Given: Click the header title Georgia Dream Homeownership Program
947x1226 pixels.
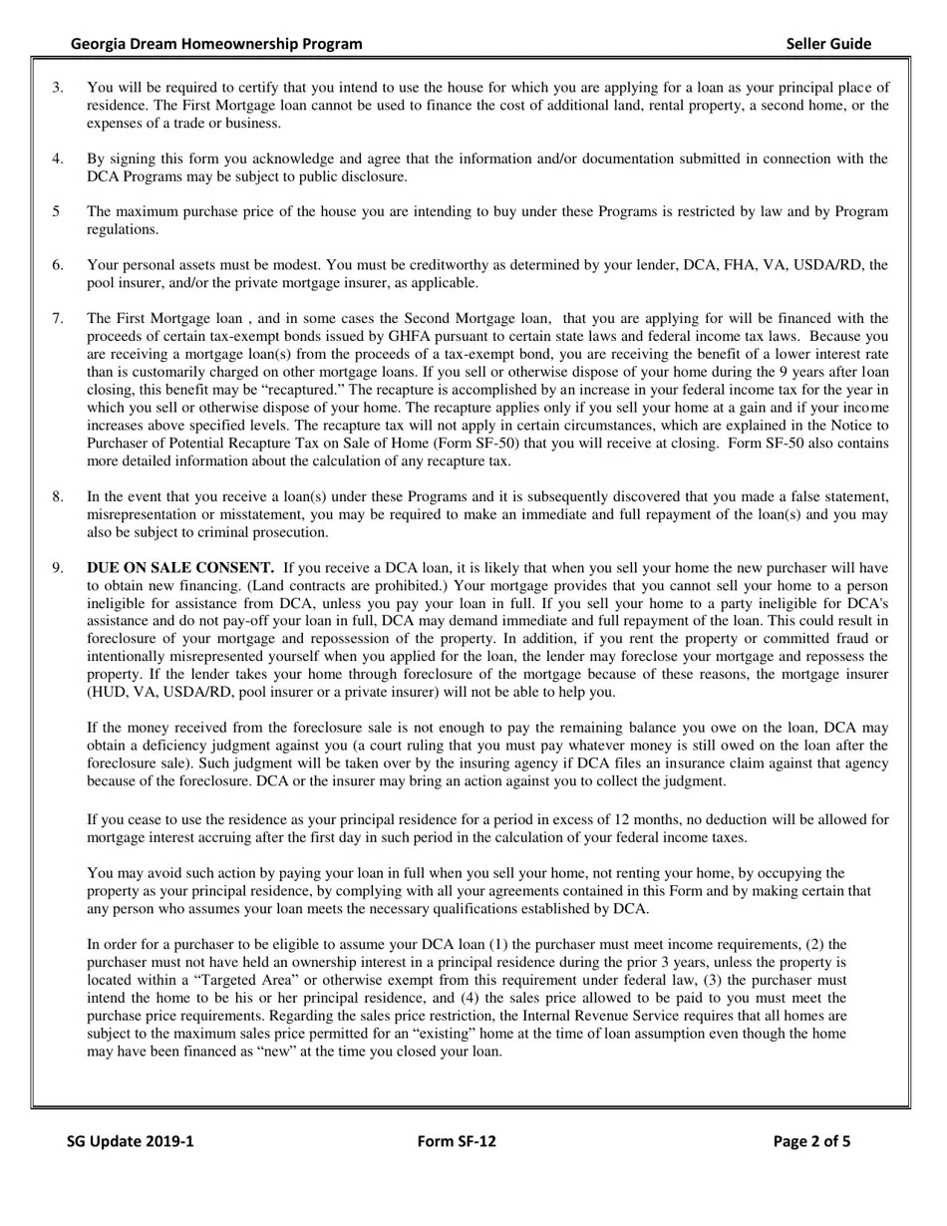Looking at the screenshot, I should point(216,44).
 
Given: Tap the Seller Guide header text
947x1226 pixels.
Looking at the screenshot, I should point(828,44).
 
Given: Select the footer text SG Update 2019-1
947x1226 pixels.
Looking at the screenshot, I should point(131,1141).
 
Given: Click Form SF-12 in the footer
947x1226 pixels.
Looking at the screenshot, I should point(457,1141).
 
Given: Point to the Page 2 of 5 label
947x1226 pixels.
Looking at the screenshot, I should point(811,1141).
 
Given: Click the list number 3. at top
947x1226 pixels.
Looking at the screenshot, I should point(58,88).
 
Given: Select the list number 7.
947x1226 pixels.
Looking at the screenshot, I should point(58,318).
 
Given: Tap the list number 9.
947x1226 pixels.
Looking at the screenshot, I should point(58,568).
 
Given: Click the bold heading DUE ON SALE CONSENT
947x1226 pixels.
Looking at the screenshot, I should point(180,568).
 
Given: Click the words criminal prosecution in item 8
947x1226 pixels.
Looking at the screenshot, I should point(264,532).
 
